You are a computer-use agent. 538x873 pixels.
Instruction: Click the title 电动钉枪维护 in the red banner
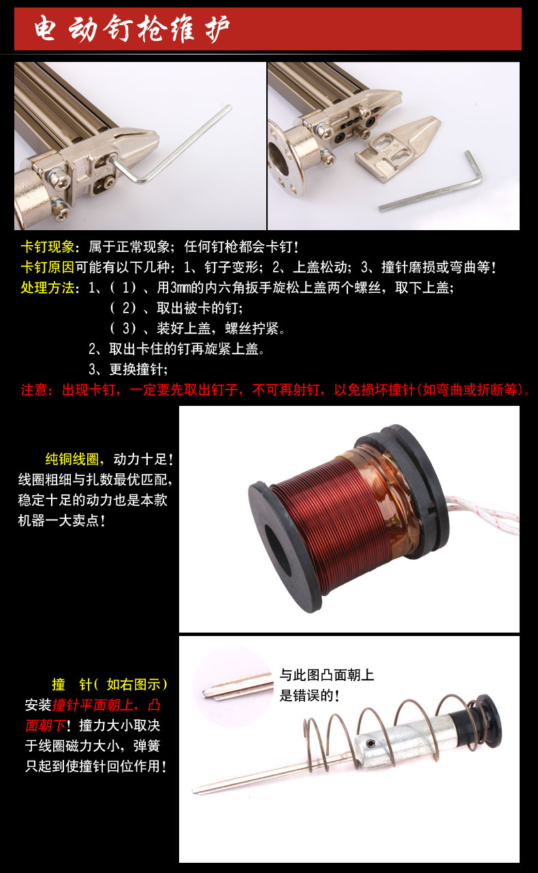tap(131, 29)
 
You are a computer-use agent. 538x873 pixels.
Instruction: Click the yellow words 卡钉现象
tap(47, 247)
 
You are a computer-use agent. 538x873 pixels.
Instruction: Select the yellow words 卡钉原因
tap(47, 268)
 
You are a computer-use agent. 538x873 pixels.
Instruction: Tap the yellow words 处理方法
tap(47, 287)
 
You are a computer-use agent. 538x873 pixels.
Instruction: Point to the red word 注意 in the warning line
tap(34, 390)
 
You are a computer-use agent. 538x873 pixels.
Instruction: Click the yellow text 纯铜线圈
tap(72, 459)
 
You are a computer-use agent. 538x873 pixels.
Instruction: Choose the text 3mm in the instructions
tap(180, 287)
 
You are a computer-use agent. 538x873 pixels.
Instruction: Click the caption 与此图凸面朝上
tap(327, 675)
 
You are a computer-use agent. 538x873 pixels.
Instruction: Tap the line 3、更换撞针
tap(128, 369)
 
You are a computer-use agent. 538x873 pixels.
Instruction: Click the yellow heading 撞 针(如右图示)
tap(110, 684)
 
